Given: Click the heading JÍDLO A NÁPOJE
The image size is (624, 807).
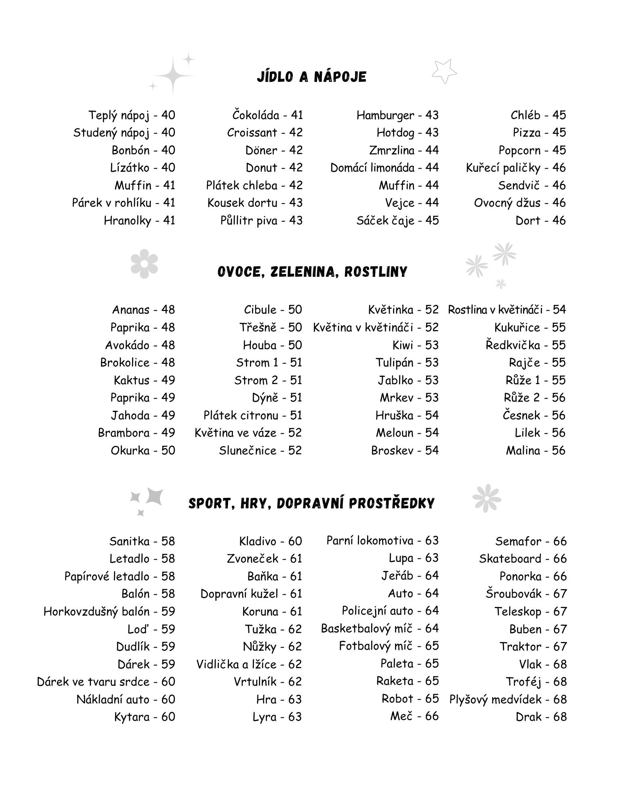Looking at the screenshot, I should coord(311,77).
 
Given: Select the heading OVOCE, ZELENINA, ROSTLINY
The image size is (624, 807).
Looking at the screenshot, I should coord(312,272).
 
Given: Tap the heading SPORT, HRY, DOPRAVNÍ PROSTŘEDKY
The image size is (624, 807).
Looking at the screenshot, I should coord(311,503).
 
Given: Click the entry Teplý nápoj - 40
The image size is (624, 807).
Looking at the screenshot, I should coord(132,115).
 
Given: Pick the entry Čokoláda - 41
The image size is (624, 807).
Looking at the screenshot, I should coord(267,115).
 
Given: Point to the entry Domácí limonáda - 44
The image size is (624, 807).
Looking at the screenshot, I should coord(384,168).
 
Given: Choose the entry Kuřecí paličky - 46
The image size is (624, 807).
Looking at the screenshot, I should coord(515,168).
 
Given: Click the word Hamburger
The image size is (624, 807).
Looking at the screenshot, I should coord(385,115).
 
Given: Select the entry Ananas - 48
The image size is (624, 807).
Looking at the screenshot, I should coord(143,310).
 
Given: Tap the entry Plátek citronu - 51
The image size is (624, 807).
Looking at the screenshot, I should coord(252,415).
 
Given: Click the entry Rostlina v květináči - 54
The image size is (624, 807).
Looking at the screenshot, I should coord(507,310).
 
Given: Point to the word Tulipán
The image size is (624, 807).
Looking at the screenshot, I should coord(395,362).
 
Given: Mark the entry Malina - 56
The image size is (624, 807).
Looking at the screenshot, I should coord(536,450).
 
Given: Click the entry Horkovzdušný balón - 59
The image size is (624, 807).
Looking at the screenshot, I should coord(109,611).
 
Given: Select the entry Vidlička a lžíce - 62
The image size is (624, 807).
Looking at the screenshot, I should coord(249,664).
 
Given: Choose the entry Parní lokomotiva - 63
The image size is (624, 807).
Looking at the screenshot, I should coord(382,541).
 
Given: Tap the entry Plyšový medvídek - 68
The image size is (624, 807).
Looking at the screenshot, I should coord(508,699).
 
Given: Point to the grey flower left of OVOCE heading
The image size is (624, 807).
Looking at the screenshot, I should coord(144,263).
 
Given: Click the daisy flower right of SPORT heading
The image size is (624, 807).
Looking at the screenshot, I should coord(487,498).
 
